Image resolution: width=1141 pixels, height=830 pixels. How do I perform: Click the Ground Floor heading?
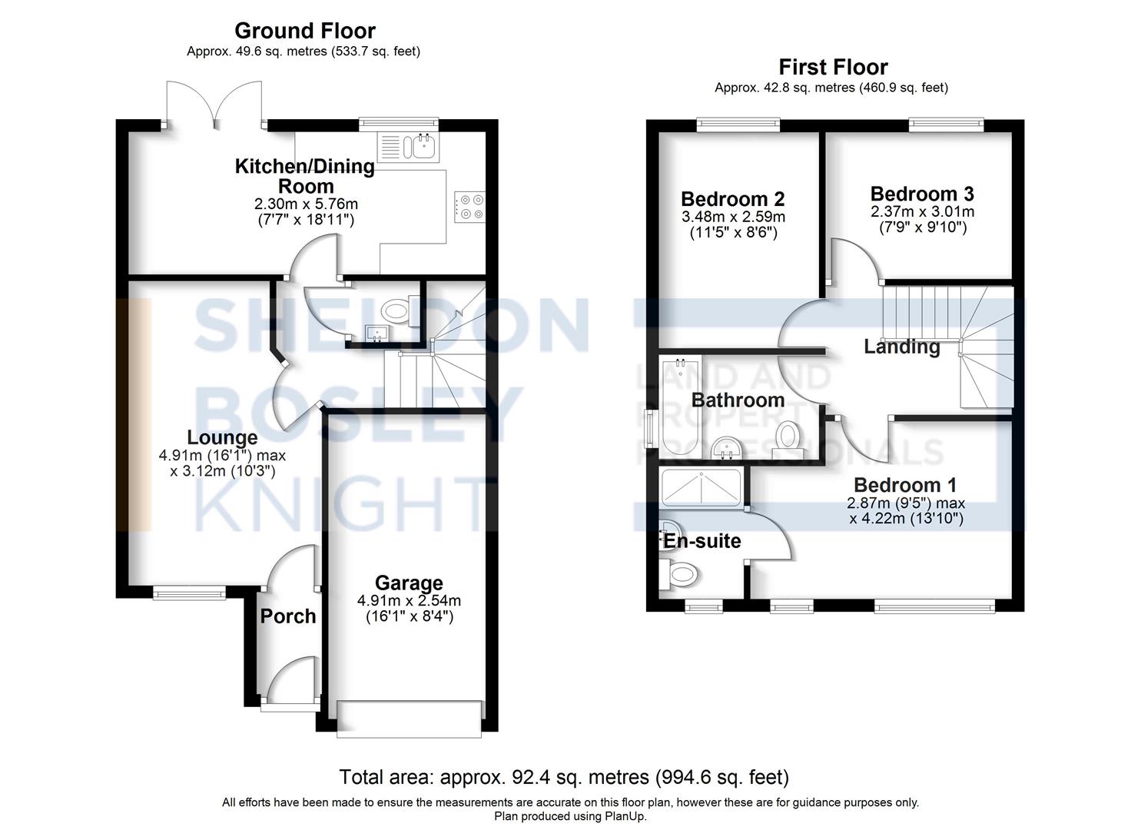(304, 31)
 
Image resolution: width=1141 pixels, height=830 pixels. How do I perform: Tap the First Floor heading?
(834, 68)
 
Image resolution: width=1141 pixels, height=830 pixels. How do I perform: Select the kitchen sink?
(407, 147)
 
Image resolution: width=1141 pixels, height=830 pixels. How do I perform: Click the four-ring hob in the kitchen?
(469, 207)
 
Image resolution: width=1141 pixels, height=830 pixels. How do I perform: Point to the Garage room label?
(409, 583)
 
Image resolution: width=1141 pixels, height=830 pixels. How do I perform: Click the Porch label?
(288, 616)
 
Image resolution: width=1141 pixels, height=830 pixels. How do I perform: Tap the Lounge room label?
(222, 438)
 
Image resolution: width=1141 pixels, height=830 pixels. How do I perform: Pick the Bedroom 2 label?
(732, 199)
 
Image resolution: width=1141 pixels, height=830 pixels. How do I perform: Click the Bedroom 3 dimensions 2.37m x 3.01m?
(923, 211)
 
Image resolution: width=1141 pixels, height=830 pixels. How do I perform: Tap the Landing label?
(901, 347)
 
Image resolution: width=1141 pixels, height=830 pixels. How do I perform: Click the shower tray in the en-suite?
(701, 489)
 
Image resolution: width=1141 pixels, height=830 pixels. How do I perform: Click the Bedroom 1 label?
(905, 485)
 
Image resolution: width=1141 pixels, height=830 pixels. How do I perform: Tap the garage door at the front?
(409, 719)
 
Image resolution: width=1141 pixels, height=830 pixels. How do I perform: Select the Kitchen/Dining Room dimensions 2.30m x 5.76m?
(306, 204)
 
